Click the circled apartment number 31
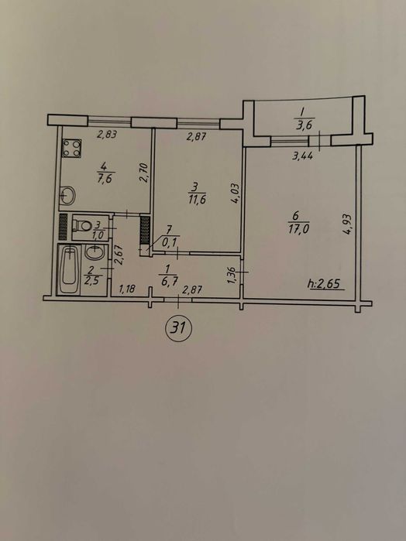tap(179, 328)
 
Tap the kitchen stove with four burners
tap(71, 148)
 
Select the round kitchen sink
tap(68, 196)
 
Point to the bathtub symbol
tap(69, 269)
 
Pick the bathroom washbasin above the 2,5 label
tap(94, 253)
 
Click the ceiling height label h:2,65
tap(324, 283)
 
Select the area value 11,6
tap(197, 200)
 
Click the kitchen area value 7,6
tap(105, 179)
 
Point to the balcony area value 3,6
tap(304, 125)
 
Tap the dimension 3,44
tap(302, 156)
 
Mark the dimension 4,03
tap(236, 193)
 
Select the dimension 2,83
tap(107, 135)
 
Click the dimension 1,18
tap(127, 289)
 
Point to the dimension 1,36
tap(232, 276)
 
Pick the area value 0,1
tap(170, 242)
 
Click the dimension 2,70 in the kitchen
tap(144, 173)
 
